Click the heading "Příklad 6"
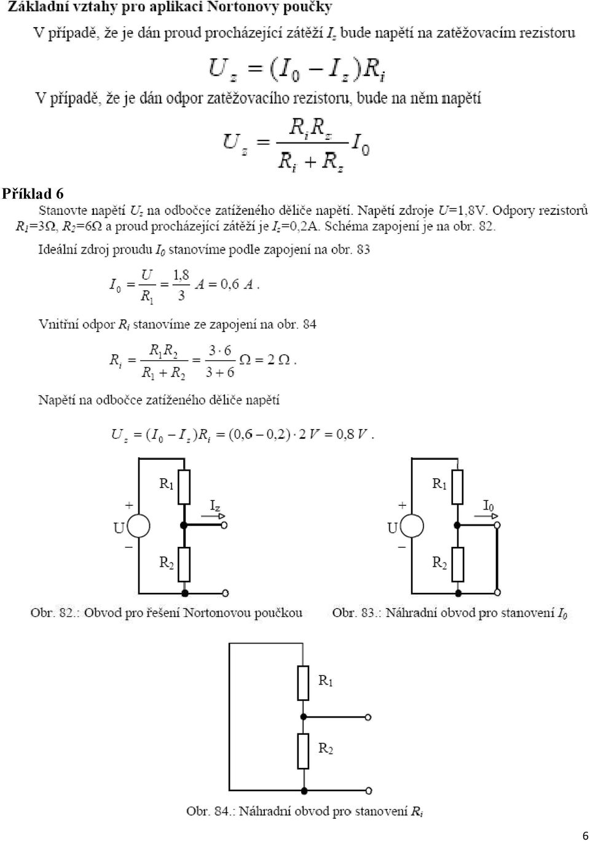click(33, 194)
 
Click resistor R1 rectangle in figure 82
click(184, 487)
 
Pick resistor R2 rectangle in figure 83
click(458, 564)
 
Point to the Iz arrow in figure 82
click(213, 516)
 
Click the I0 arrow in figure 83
click(486, 516)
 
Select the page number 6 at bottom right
click(585, 835)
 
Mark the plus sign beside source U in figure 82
click(129, 505)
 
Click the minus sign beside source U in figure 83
click(403, 548)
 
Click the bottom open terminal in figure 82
click(225, 593)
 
